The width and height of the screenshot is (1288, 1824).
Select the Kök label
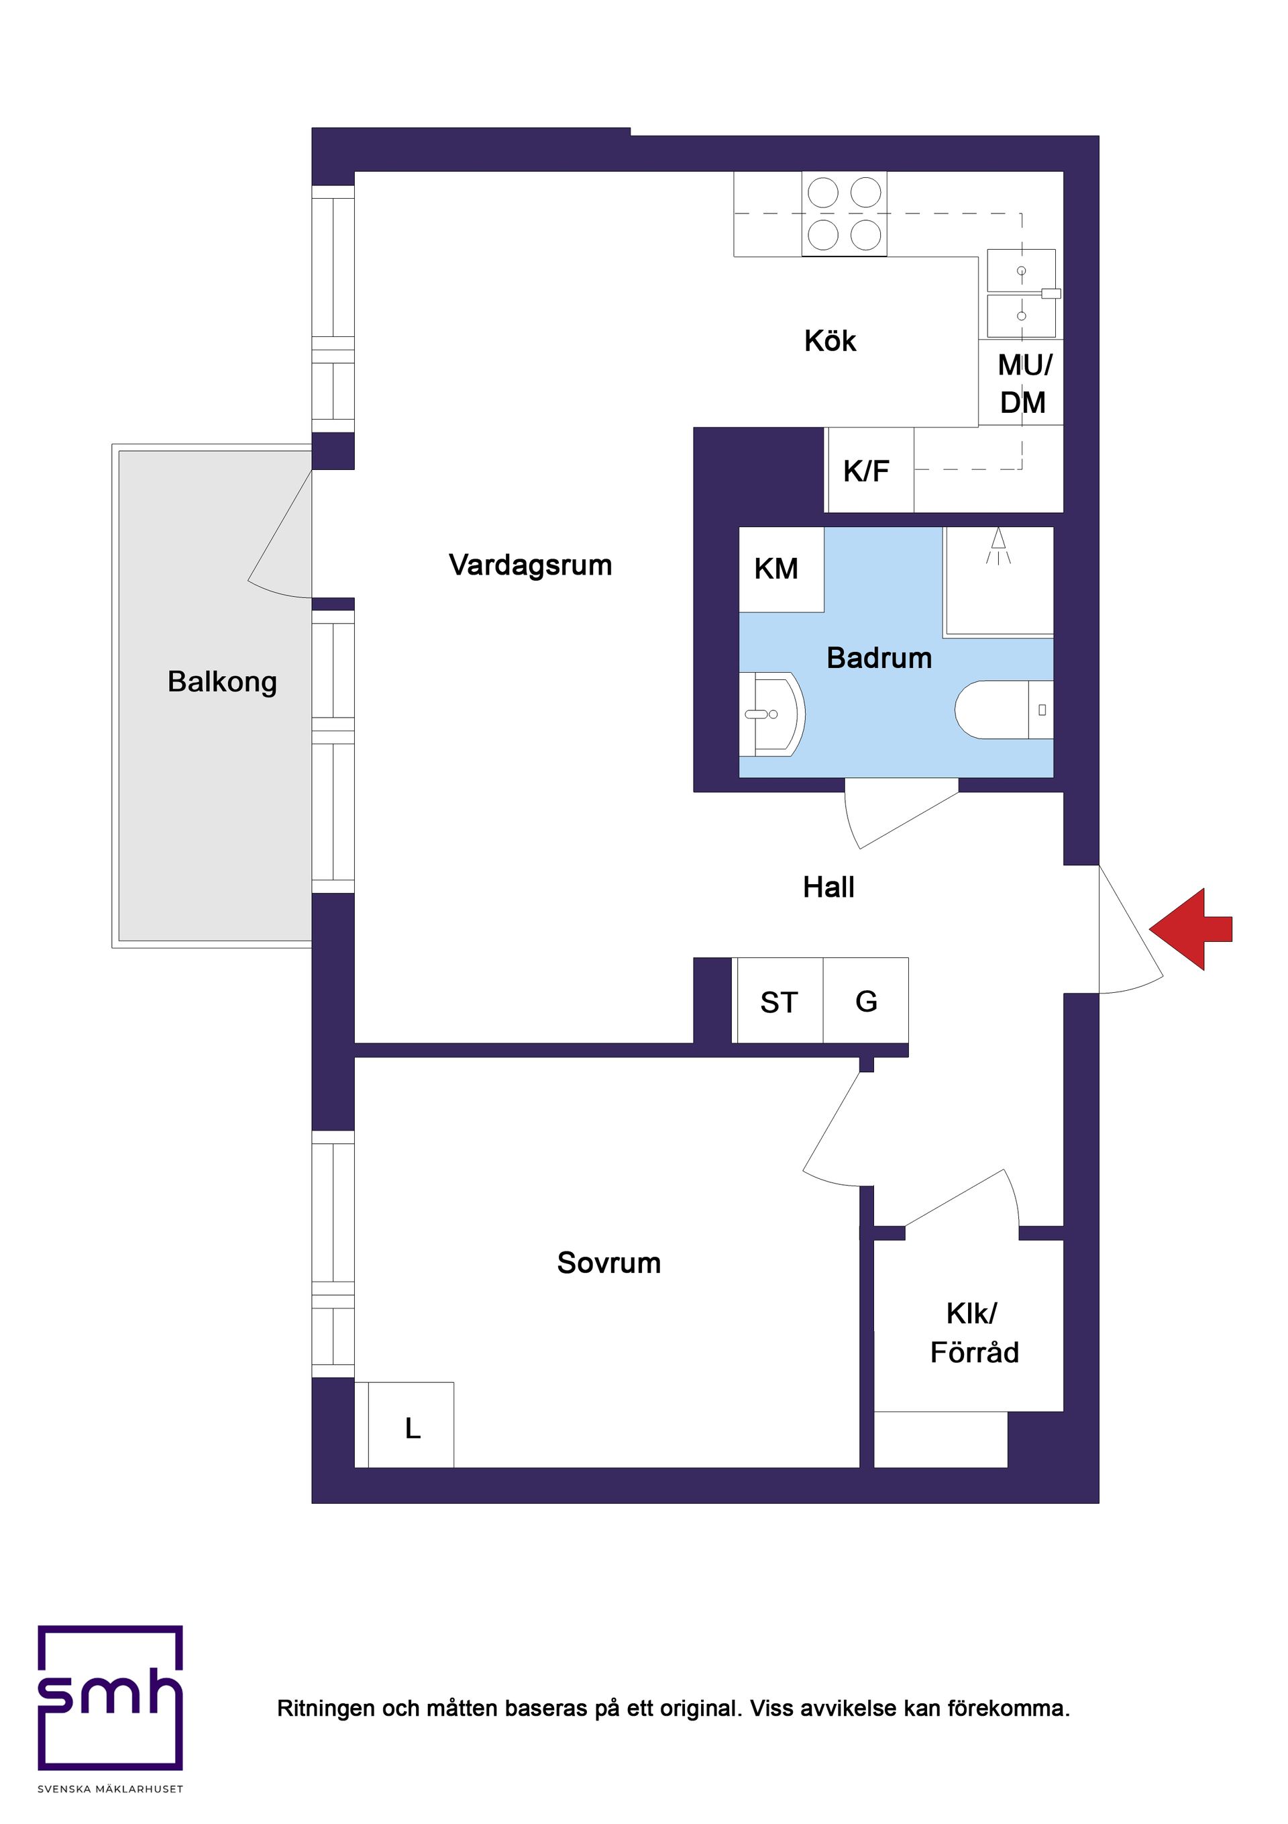pos(830,341)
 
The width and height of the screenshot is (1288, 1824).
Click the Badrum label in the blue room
pos(879,658)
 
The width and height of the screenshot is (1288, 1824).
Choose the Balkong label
pos(222,681)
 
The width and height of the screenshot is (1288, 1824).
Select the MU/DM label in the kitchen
pos(1024,384)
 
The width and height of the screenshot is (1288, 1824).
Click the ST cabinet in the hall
pos(778,1002)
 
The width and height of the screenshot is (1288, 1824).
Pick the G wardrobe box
pos(865,1001)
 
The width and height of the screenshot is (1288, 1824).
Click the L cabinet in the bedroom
pos(411,1429)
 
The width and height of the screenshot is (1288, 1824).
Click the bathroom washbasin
pos(769,714)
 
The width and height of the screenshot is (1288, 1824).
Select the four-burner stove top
pos(844,213)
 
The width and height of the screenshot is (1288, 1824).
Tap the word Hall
pos(828,887)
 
